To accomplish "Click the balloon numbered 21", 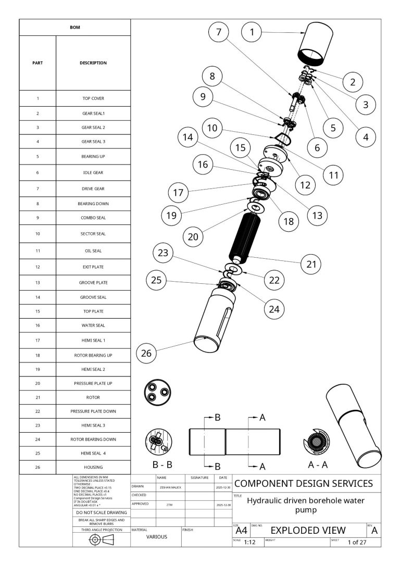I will click(x=311, y=264).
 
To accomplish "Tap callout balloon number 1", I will click(x=252, y=32).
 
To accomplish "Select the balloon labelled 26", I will click(x=146, y=354).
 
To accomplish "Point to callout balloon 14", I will click(x=187, y=137).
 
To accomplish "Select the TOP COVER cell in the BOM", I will click(x=93, y=98).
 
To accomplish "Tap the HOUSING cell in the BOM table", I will click(x=93, y=467).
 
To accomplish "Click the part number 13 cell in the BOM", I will click(x=37, y=283).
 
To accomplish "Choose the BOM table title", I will click(x=75, y=27).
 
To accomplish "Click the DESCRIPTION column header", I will click(x=93, y=63).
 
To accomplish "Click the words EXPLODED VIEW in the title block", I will click(x=308, y=530).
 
